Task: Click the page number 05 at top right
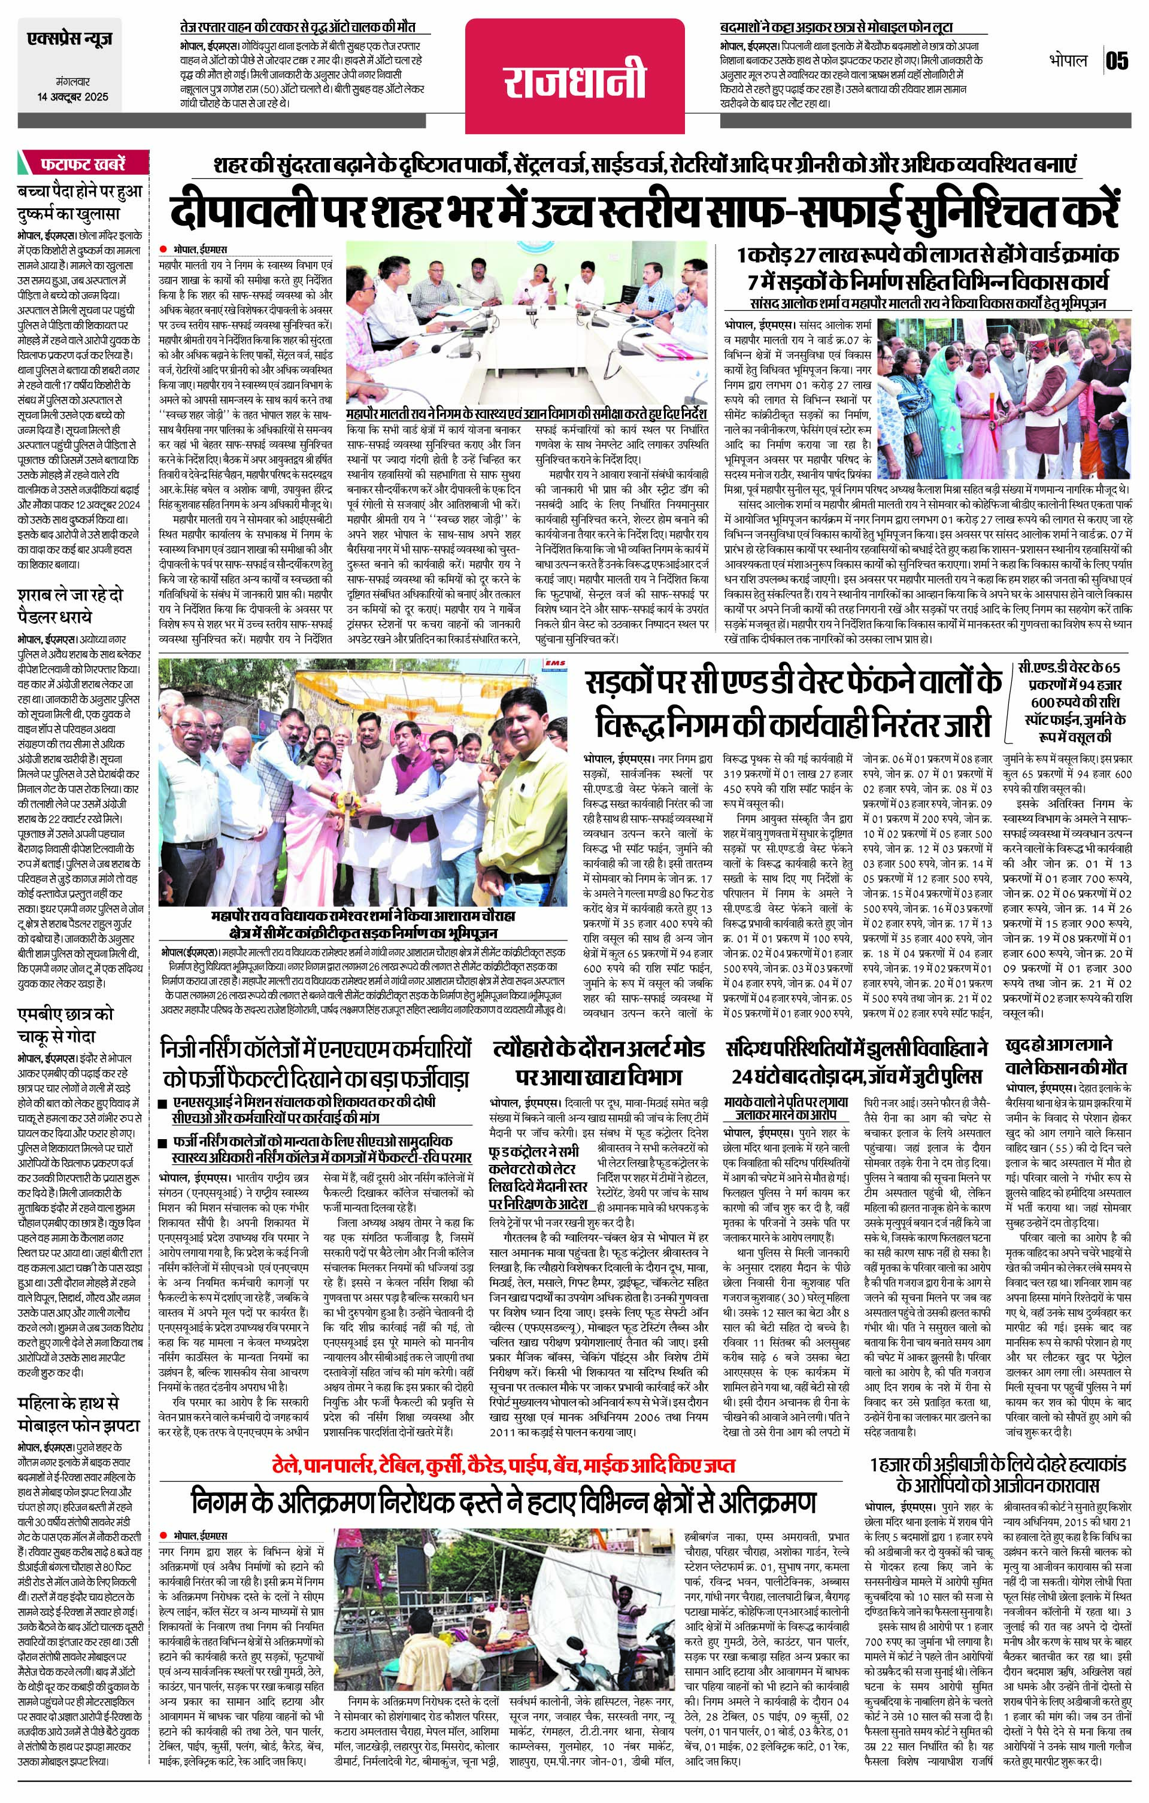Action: pos(1116,60)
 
